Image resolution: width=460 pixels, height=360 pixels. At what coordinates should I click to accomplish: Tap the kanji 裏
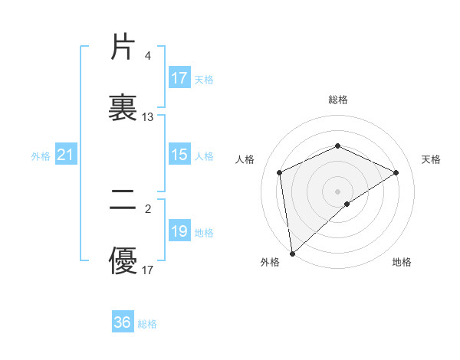click(x=123, y=108)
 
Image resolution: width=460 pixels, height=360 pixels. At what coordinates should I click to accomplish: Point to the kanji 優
click(x=123, y=261)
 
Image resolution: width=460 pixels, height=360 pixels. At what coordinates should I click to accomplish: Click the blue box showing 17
click(x=179, y=78)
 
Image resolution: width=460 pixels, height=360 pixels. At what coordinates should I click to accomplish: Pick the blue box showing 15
click(x=179, y=155)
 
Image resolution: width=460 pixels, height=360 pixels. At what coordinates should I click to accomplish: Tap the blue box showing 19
click(x=179, y=231)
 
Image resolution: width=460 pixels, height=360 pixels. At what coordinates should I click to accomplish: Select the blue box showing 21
click(x=65, y=155)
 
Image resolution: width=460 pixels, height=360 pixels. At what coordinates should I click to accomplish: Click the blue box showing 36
click(x=123, y=322)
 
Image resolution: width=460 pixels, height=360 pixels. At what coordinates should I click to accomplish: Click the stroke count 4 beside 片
click(x=148, y=56)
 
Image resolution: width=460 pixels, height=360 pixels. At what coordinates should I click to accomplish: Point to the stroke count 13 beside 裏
click(x=148, y=117)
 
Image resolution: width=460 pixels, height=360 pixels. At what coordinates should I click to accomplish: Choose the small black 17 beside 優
click(x=148, y=270)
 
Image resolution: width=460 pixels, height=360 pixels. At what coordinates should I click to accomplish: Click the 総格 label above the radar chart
click(x=337, y=100)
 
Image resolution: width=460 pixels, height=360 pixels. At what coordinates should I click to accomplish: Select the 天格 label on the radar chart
click(x=431, y=159)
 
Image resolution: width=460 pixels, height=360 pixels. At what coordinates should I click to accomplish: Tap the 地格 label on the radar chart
click(x=401, y=262)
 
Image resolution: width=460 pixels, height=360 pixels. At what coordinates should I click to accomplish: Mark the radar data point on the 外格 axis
click(x=291, y=254)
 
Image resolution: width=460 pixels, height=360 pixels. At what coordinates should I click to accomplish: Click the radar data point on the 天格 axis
click(x=396, y=172)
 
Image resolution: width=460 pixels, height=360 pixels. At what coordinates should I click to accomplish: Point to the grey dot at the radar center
click(x=337, y=191)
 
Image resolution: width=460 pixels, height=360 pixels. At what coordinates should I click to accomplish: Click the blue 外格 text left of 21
click(x=41, y=156)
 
